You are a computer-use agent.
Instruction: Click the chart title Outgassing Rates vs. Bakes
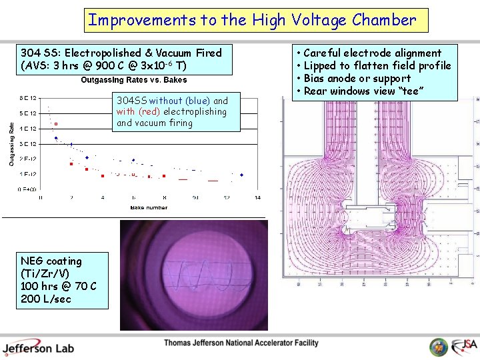[134, 80]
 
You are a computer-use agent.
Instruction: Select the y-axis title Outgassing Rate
[11, 143]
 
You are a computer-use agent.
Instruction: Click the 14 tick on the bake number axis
[257, 198]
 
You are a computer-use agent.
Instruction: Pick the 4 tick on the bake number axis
[103, 198]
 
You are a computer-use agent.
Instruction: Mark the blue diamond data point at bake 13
[241, 175]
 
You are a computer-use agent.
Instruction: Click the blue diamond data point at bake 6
[133, 161]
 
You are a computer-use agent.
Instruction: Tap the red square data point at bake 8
[164, 175]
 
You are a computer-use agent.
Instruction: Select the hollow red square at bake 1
[56, 123]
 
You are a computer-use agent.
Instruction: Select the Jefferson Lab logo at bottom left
[38, 347]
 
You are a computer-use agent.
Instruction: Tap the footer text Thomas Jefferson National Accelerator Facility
[241, 343]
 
